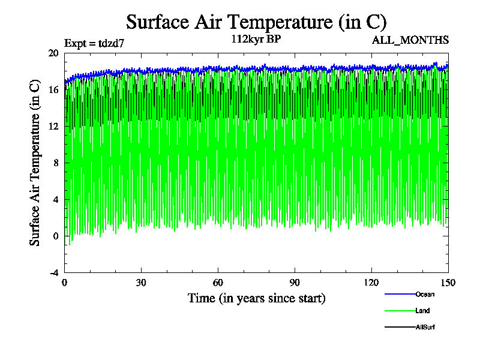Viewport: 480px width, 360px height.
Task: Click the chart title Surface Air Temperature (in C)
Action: [x=256, y=22]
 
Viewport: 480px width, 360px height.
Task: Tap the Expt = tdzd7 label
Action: [x=94, y=43]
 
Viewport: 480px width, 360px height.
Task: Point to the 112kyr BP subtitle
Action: [x=256, y=40]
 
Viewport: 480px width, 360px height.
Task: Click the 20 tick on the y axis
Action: [x=53, y=53]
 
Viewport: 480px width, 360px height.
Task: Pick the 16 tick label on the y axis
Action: [x=53, y=89]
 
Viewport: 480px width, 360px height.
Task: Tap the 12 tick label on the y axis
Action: [x=53, y=126]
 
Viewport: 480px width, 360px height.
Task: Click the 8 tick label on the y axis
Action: [x=55, y=163]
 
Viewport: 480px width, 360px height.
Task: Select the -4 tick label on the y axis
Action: [x=53, y=272]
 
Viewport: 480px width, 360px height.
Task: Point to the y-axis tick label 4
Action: [x=55, y=199]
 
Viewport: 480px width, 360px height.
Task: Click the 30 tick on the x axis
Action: [x=141, y=283]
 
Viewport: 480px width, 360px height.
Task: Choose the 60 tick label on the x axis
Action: [x=218, y=283]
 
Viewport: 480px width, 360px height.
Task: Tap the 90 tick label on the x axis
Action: [x=295, y=283]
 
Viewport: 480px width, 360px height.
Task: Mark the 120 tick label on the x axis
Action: [x=371, y=283]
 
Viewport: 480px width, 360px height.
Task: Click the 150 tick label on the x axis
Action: [x=448, y=283]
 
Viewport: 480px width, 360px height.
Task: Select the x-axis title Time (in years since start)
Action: [x=256, y=298]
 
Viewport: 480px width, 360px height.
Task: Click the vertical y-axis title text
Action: [x=35, y=163]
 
